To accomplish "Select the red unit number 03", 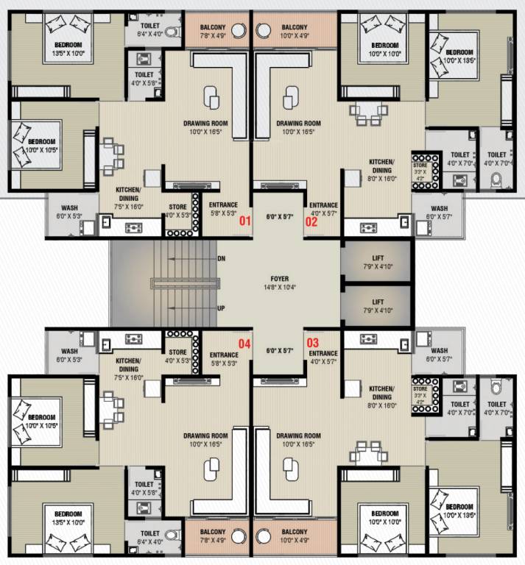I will tap(312, 343).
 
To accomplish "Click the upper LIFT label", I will tap(378, 258).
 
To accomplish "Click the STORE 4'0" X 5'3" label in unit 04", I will tap(177, 357).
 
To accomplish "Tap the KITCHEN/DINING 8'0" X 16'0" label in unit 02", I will tap(382, 169).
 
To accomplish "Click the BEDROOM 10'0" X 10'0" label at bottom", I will tap(385, 516).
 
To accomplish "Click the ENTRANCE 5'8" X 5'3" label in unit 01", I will tap(222, 209).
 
